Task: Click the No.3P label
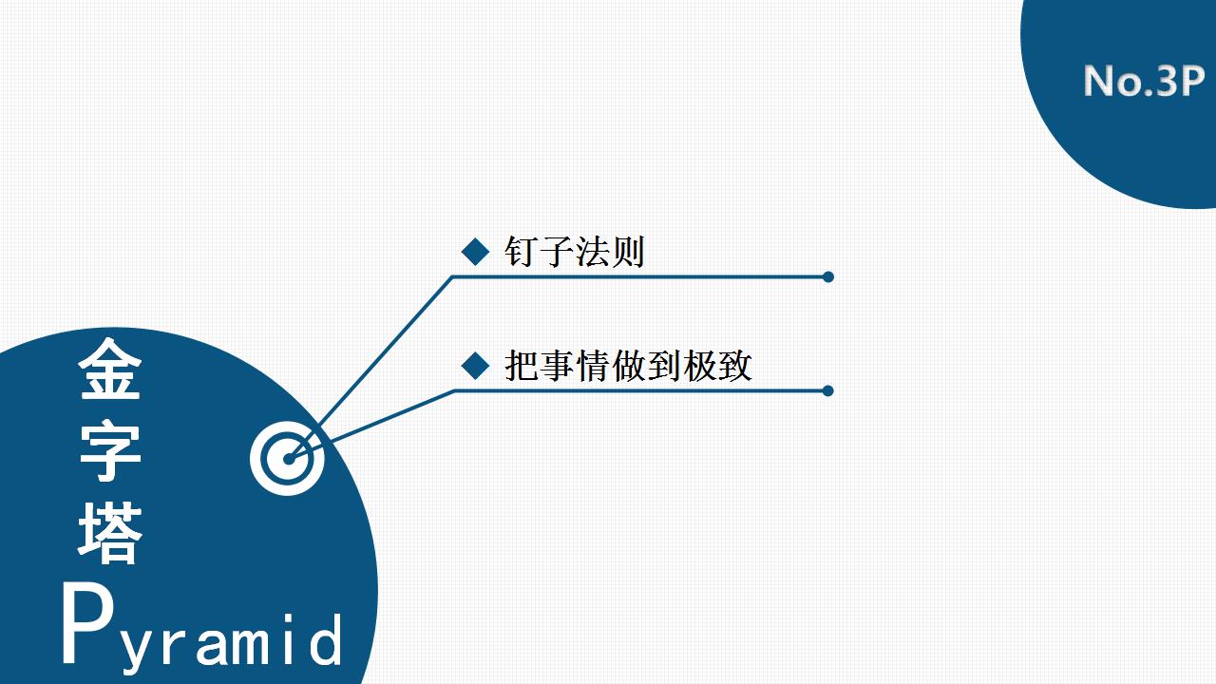pos(1144,81)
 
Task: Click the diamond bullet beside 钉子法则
pos(476,252)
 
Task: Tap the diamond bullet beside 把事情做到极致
pos(476,366)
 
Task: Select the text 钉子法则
pos(575,252)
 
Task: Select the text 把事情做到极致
pos(629,366)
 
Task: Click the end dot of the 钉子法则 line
pos(827,276)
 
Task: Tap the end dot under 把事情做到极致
pos(827,390)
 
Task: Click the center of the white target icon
pos(288,459)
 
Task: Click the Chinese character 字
pos(110,450)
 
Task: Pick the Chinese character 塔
pos(110,533)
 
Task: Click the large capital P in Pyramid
pos(87,623)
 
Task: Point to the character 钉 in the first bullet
pos(522,252)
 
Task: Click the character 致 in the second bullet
pos(735,366)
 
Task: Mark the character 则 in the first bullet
pos(628,252)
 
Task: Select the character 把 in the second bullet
pos(522,366)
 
